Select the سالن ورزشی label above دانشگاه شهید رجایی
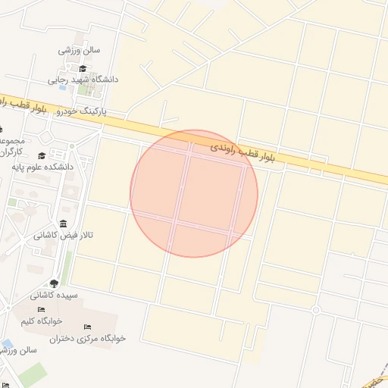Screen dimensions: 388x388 point(79,51)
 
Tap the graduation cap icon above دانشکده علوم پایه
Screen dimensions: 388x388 point(62,156)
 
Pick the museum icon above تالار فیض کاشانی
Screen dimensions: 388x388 point(61,224)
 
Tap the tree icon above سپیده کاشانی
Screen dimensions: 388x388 point(52,284)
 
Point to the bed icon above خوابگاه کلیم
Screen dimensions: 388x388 point(42,309)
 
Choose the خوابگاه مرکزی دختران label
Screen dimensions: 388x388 point(88,338)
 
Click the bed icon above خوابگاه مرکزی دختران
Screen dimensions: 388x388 point(88,327)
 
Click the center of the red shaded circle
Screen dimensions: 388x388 point(194,193)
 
